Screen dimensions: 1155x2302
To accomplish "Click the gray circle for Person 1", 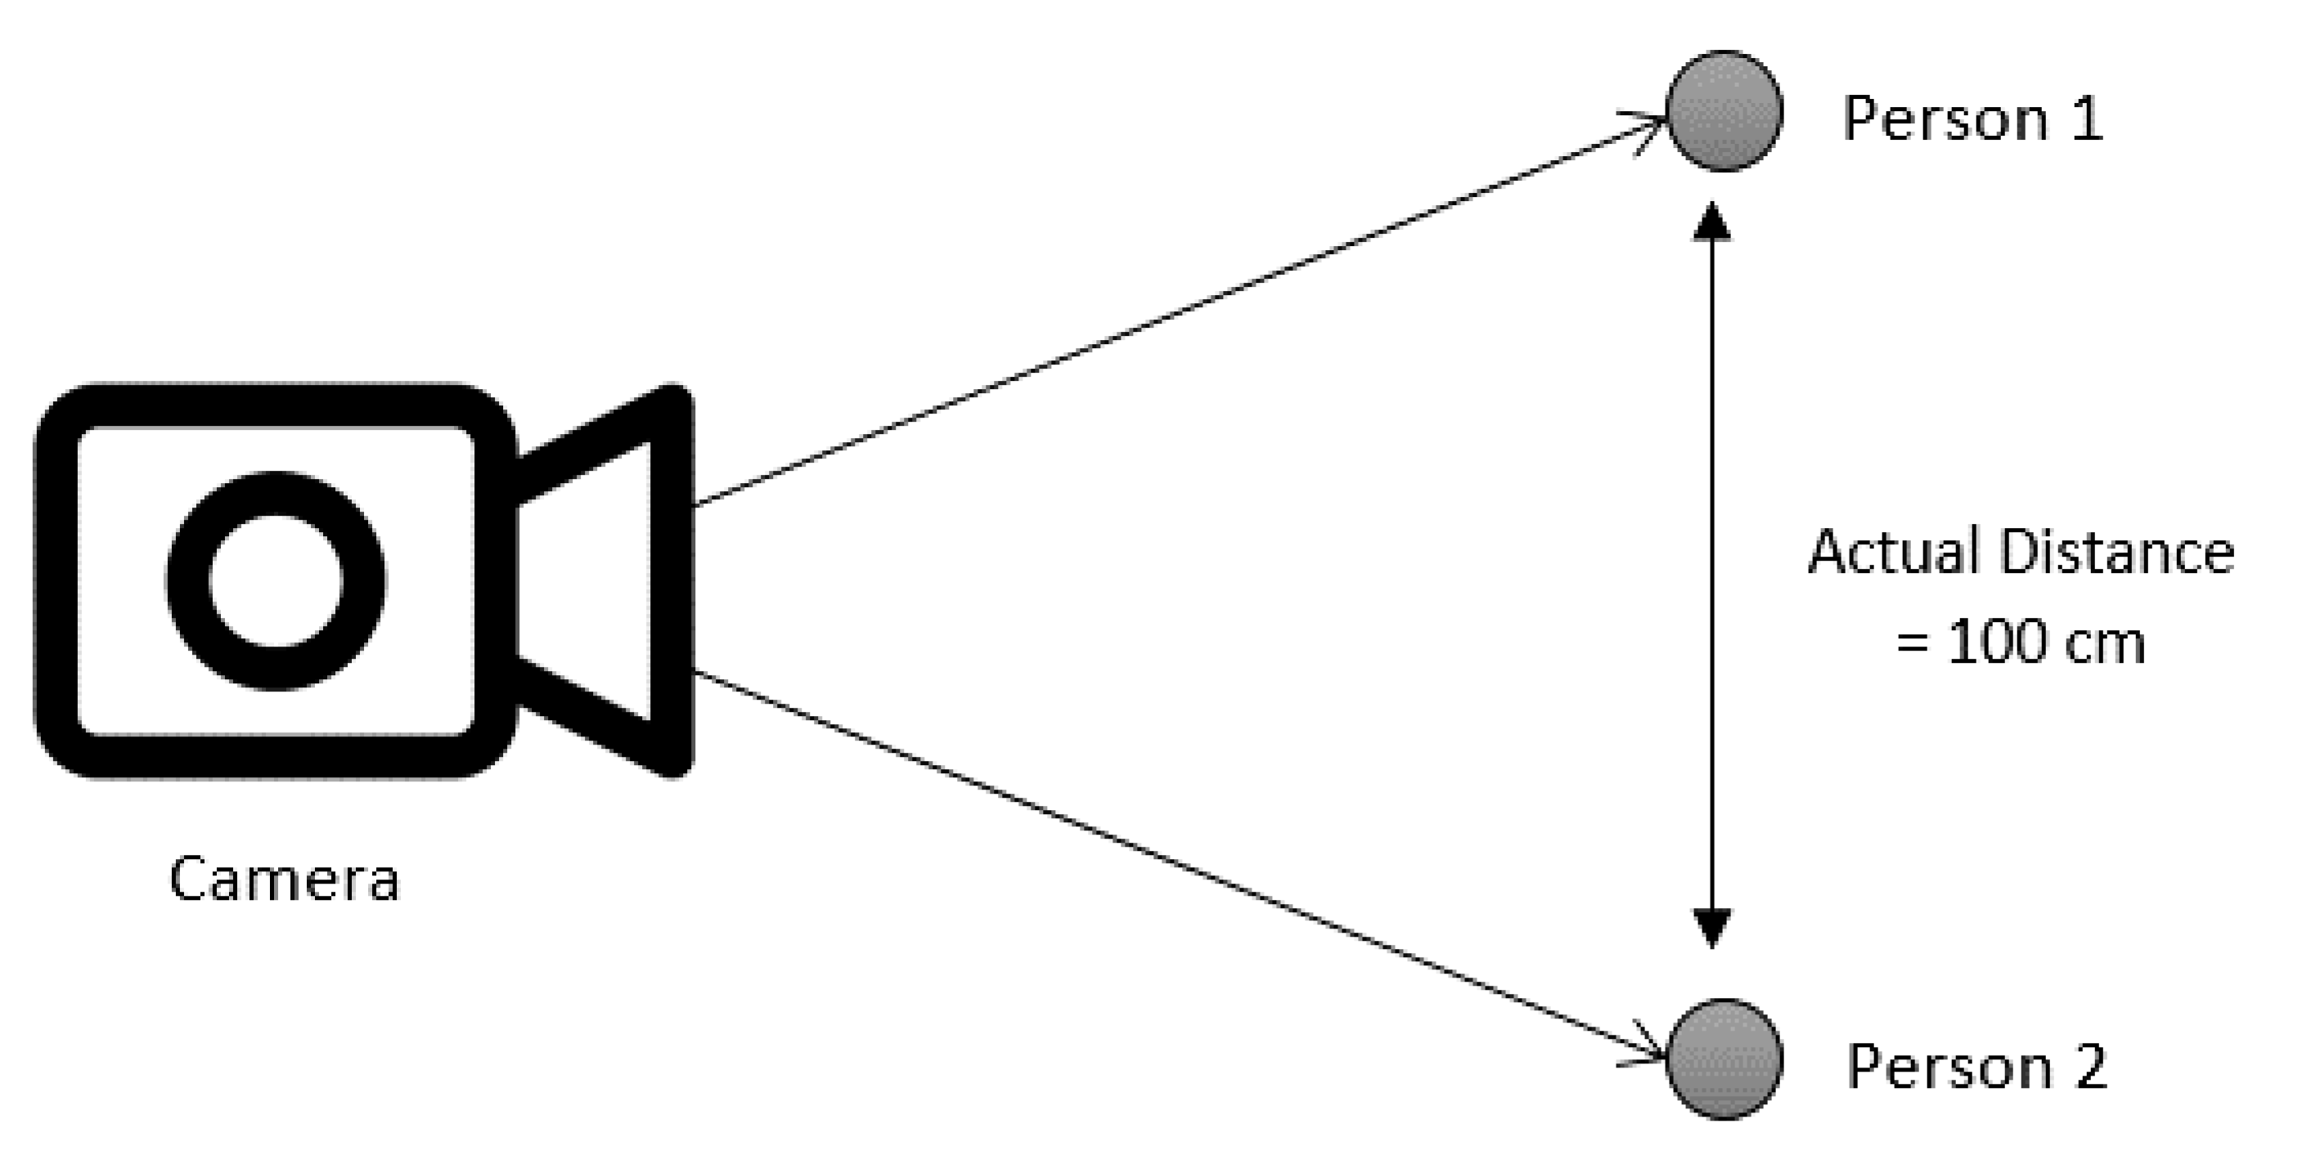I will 1724,111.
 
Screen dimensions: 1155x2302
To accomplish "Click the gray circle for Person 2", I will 1724,1059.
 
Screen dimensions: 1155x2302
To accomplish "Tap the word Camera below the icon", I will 284,879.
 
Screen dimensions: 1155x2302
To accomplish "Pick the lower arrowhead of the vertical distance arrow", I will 1712,929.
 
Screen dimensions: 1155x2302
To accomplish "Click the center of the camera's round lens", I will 275,580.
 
